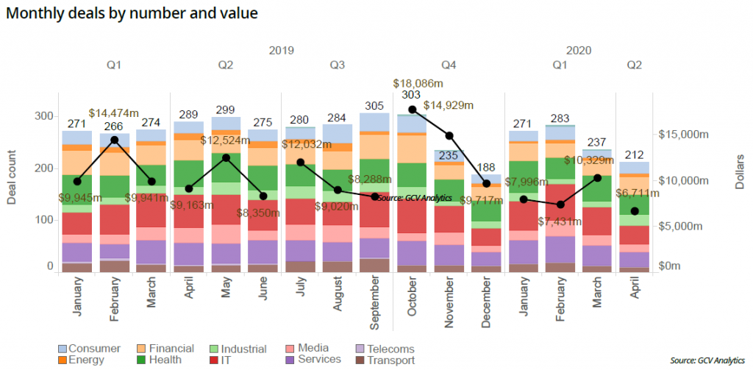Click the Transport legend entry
(389, 360)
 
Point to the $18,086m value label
(418, 84)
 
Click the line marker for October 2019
(413, 110)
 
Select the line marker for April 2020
(635, 211)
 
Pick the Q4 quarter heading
(449, 65)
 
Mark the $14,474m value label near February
(114, 113)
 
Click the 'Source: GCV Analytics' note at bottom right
(708, 360)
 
